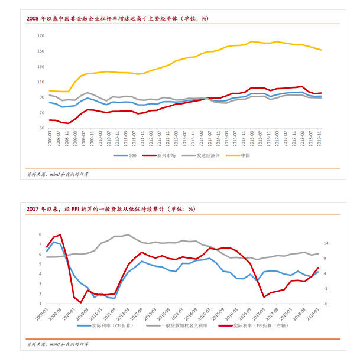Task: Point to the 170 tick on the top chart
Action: [40, 36]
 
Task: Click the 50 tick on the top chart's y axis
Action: [42, 128]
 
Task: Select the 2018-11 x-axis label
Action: [320, 139]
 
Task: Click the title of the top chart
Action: [117, 18]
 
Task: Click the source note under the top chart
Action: [58, 176]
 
